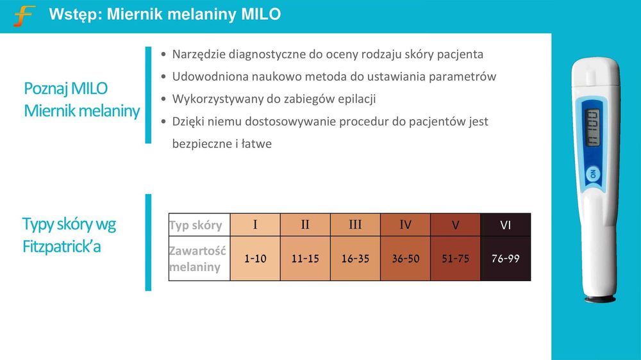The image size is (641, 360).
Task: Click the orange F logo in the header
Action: pyautogui.click(x=24, y=15)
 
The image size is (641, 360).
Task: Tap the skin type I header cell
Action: pyautogui.click(x=255, y=225)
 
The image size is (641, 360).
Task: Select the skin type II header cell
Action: pyautogui.click(x=305, y=225)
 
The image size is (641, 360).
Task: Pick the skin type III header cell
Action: pyautogui.click(x=355, y=225)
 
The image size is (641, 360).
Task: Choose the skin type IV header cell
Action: pyautogui.click(x=405, y=225)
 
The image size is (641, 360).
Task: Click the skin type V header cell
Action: pyautogui.click(x=455, y=225)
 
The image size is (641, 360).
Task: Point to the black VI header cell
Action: pyautogui.click(x=506, y=225)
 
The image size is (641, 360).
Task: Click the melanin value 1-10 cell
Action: pyautogui.click(x=255, y=259)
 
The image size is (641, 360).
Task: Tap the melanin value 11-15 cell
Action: pyautogui.click(x=305, y=259)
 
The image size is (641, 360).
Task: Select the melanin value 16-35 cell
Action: pyautogui.click(x=355, y=259)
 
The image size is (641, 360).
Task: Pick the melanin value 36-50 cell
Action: pyautogui.click(x=405, y=259)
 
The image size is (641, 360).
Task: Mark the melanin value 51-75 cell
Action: pyautogui.click(x=455, y=259)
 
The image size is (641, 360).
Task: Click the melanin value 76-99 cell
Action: pyautogui.click(x=506, y=259)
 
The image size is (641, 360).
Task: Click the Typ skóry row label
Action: pyautogui.click(x=196, y=225)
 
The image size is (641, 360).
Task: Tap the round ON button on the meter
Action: pyautogui.click(x=593, y=174)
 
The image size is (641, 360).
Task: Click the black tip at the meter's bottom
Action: pyautogui.click(x=600, y=299)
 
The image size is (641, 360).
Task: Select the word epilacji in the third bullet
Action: pyautogui.click(x=353, y=99)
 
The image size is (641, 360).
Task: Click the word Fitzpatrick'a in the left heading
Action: pyautogui.click(x=62, y=246)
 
